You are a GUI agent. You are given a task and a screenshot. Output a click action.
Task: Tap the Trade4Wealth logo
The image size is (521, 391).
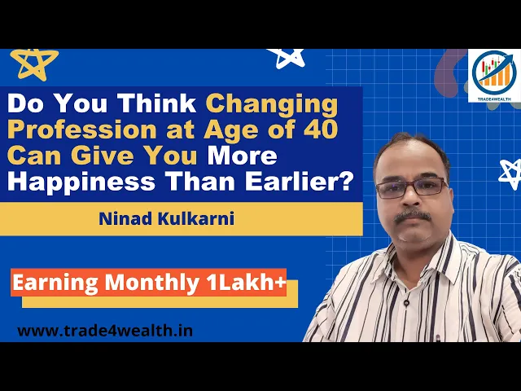494,76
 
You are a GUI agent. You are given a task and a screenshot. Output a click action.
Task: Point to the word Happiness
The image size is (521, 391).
81,182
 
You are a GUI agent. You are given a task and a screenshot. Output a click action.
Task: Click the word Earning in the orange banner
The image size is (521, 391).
55,283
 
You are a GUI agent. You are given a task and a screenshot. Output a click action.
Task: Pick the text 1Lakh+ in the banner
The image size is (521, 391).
246,283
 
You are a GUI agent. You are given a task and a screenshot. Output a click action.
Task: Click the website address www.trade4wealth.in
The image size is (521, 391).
105,332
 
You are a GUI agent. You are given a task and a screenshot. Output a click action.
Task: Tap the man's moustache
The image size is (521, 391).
413,216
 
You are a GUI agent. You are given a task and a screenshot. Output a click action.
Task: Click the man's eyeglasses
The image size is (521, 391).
412,188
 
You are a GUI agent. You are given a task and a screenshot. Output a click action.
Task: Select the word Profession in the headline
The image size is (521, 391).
82,130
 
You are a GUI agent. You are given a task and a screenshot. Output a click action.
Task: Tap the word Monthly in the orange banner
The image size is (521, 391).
152,283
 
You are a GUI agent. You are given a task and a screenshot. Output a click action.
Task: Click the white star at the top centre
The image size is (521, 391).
287,58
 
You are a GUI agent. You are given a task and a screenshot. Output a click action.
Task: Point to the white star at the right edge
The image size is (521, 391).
510,174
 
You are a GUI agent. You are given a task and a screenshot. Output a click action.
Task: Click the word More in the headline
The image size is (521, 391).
243,156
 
